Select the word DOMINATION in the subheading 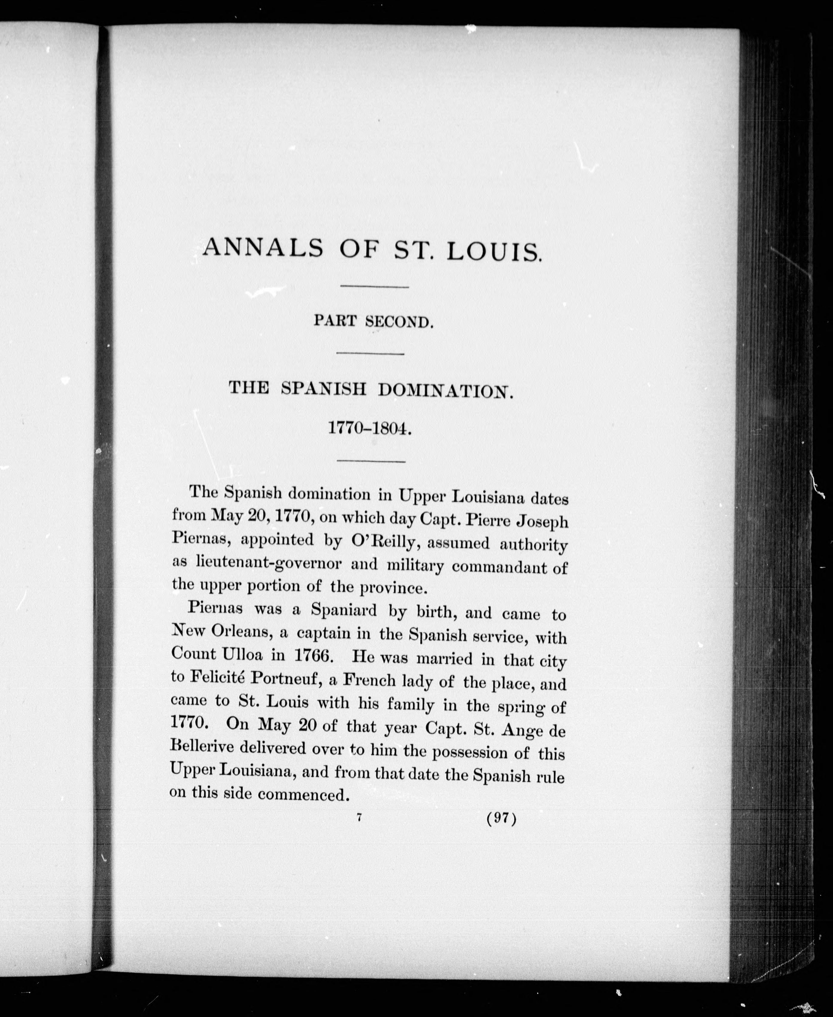pos(445,391)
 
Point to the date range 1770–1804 pos(370,428)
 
